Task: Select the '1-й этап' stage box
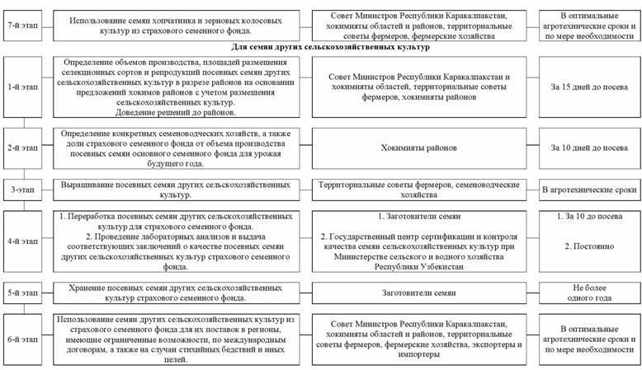point(23,91)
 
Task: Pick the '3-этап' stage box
point(23,190)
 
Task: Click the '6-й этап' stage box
point(23,338)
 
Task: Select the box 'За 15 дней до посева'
point(586,91)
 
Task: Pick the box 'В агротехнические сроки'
point(586,190)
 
